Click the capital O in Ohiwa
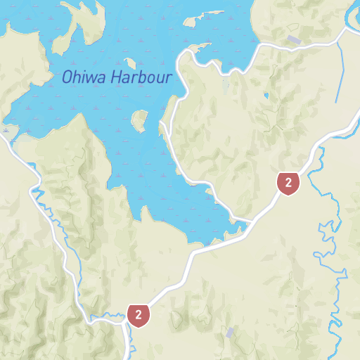pyautogui.click(x=67, y=77)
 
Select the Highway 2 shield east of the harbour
pyautogui.click(x=288, y=183)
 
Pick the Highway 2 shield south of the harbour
pyautogui.click(x=139, y=315)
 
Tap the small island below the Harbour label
pyautogui.click(x=139, y=120)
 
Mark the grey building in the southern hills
pyautogui.click(x=230, y=332)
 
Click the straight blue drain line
pyautogui.click(x=342, y=70)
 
